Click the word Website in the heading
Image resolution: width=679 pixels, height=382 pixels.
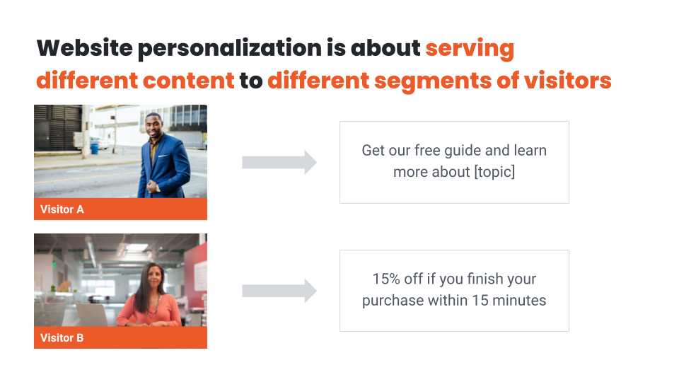[x=84, y=47]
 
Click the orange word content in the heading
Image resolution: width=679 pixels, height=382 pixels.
[x=188, y=81]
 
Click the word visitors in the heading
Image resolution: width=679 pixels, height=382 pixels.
[x=568, y=81]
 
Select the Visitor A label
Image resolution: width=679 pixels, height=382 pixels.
[x=62, y=209]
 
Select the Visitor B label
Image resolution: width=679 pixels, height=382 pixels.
[x=62, y=338]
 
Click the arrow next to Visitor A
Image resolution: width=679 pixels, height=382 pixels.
[x=279, y=163]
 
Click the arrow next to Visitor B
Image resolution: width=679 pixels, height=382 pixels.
[x=279, y=291]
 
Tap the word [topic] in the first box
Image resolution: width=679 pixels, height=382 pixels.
[x=494, y=172]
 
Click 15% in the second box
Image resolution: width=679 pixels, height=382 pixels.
[x=386, y=279]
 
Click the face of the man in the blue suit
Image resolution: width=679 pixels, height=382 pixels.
[x=153, y=127]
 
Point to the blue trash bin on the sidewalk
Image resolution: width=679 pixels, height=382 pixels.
[x=94, y=149]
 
